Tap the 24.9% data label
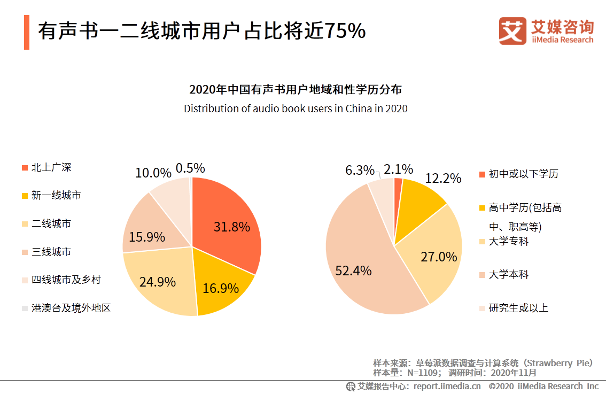pos(157,282)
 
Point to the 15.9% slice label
pos(147,237)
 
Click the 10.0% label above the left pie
pos(153,173)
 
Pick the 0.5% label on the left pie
pos(190,168)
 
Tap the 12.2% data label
pos(443,179)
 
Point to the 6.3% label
pos(360,170)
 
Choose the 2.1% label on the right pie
pos(398,169)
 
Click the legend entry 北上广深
pos(51,167)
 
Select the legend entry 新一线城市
pos(56,196)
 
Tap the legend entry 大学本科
pos(508,275)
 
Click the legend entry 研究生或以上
pos(518,308)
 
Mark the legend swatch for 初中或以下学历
pos(482,174)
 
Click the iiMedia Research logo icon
pos(512,31)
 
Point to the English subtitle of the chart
pos(296,109)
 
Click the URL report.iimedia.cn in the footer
pos(447,386)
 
